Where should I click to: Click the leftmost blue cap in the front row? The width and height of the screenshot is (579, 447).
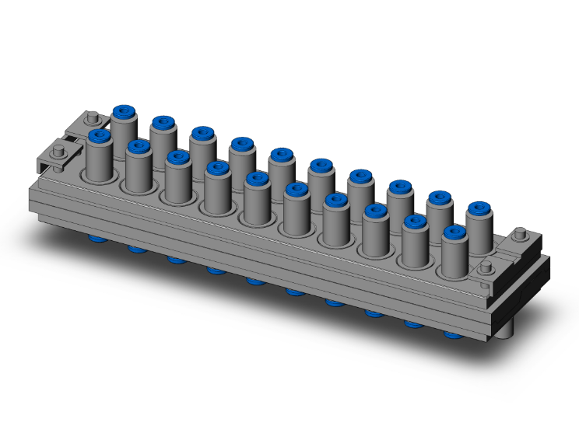click(x=99, y=135)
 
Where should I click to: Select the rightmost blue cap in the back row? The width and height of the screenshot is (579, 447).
click(x=479, y=208)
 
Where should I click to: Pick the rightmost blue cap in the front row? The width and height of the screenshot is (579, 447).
click(x=454, y=231)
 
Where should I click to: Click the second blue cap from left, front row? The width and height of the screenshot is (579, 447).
click(x=139, y=145)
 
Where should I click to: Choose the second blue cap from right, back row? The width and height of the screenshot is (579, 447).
click(x=440, y=197)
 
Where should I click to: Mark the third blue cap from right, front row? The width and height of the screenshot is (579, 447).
click(x=375, y=210)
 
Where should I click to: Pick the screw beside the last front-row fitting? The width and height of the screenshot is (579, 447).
click(x=486, y=267)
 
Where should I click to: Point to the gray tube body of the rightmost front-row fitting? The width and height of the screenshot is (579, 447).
click(x=454, y=257)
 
